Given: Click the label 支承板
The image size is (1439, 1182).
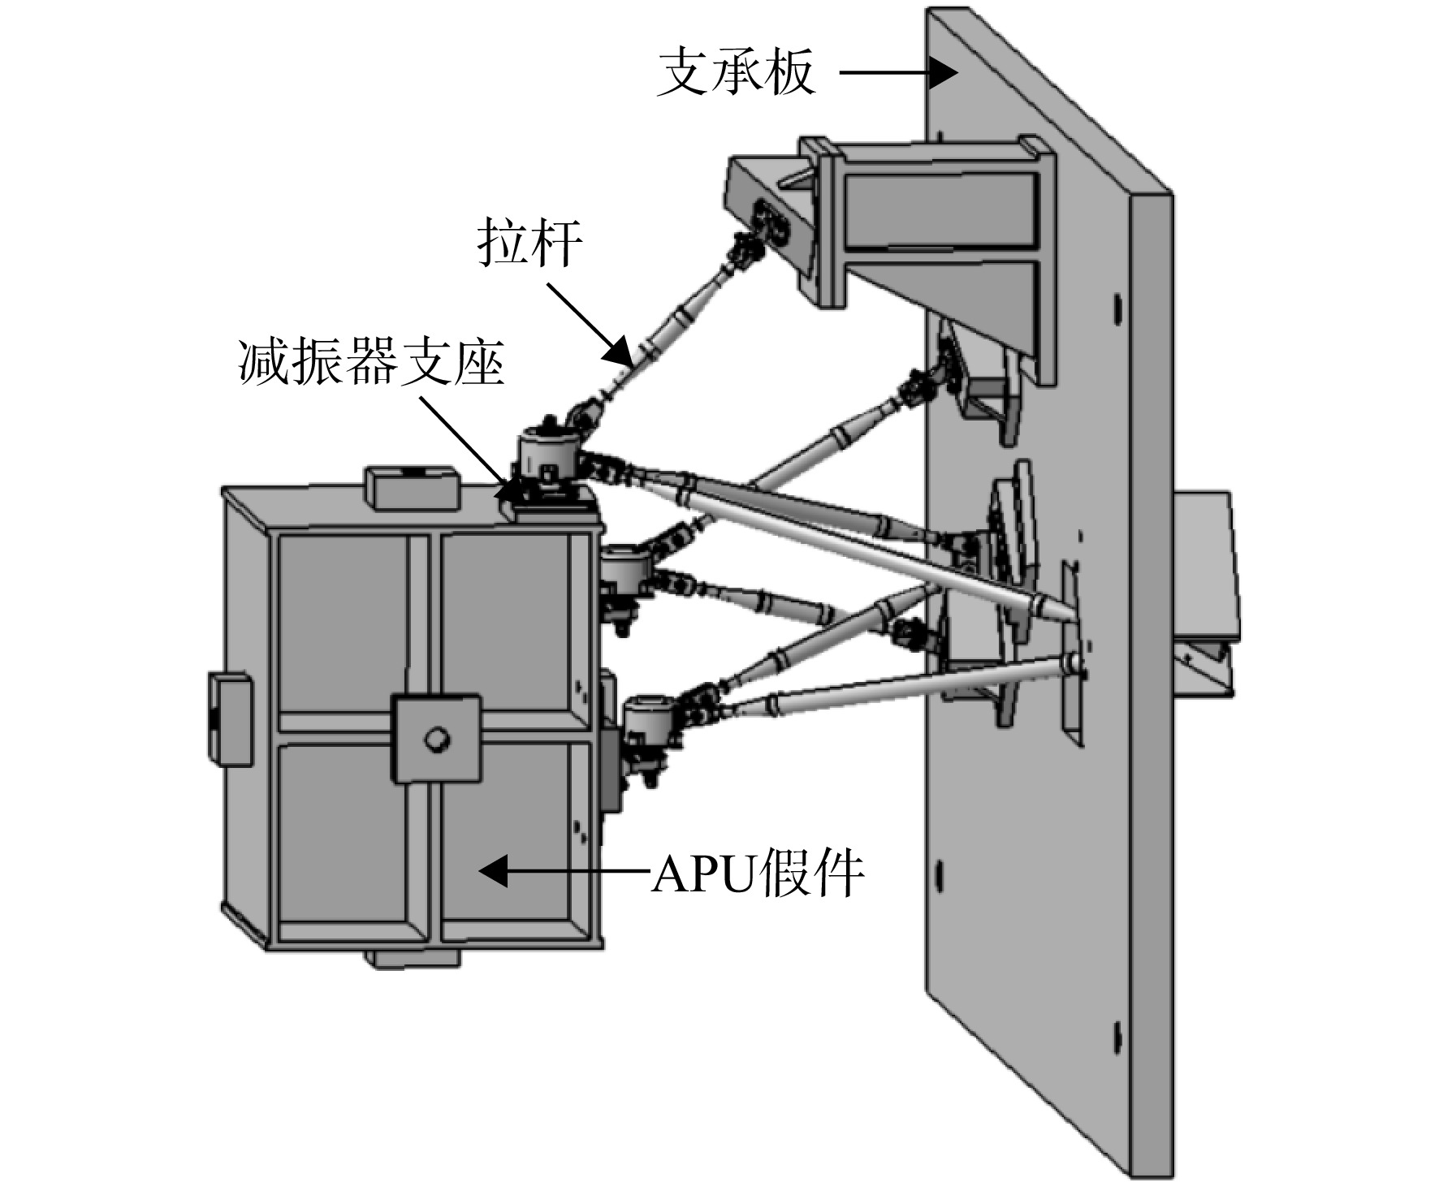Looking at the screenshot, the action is pyautogui.click(x=736, y=72).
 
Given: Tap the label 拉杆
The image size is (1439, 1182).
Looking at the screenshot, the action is pyautogui.click(x=529, y=242).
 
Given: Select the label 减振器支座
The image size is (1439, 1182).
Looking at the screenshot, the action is pyautogui.click(x=371, y=362).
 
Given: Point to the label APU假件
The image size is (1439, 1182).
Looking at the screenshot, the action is pyautogui.click(x=756, y=874).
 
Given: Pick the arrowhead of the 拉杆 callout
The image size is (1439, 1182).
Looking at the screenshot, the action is pyautogui.click(x=621, y=353).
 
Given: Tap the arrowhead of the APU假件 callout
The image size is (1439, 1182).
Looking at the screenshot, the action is pyautogui.click(x=495, y=871).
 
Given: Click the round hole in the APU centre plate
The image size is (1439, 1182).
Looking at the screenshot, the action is pyautogui.click(x=438, y=739).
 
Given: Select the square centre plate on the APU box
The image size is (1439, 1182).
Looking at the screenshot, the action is pyautogui.click(x=437, y=738).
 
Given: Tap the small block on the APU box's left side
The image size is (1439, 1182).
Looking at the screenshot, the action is pyautogui.click(x=229, y=718).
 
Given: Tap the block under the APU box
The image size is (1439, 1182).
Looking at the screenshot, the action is pyautogui.click(x=413, y=958).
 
